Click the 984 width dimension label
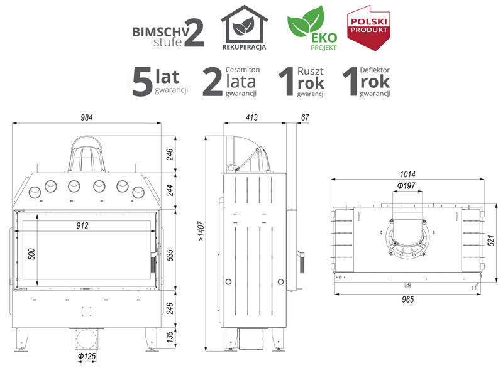(87, 117)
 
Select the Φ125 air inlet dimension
(87, 356)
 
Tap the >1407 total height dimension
(201, 230)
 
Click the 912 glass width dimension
(82, 225)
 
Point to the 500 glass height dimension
(31, 254)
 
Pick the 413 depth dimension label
(252, 117)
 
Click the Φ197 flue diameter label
(406, 185)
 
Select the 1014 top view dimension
(407, 174)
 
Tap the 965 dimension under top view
(407, 300)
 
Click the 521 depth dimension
(491, 241)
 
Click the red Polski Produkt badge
(368, 28)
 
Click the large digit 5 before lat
(142, 82)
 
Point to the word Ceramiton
(243, 70)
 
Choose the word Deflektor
(375, 70)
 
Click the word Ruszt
(310, 71)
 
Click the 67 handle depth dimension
(305, 117)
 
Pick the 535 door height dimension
(170, 255)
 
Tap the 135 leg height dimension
(170, 337)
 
